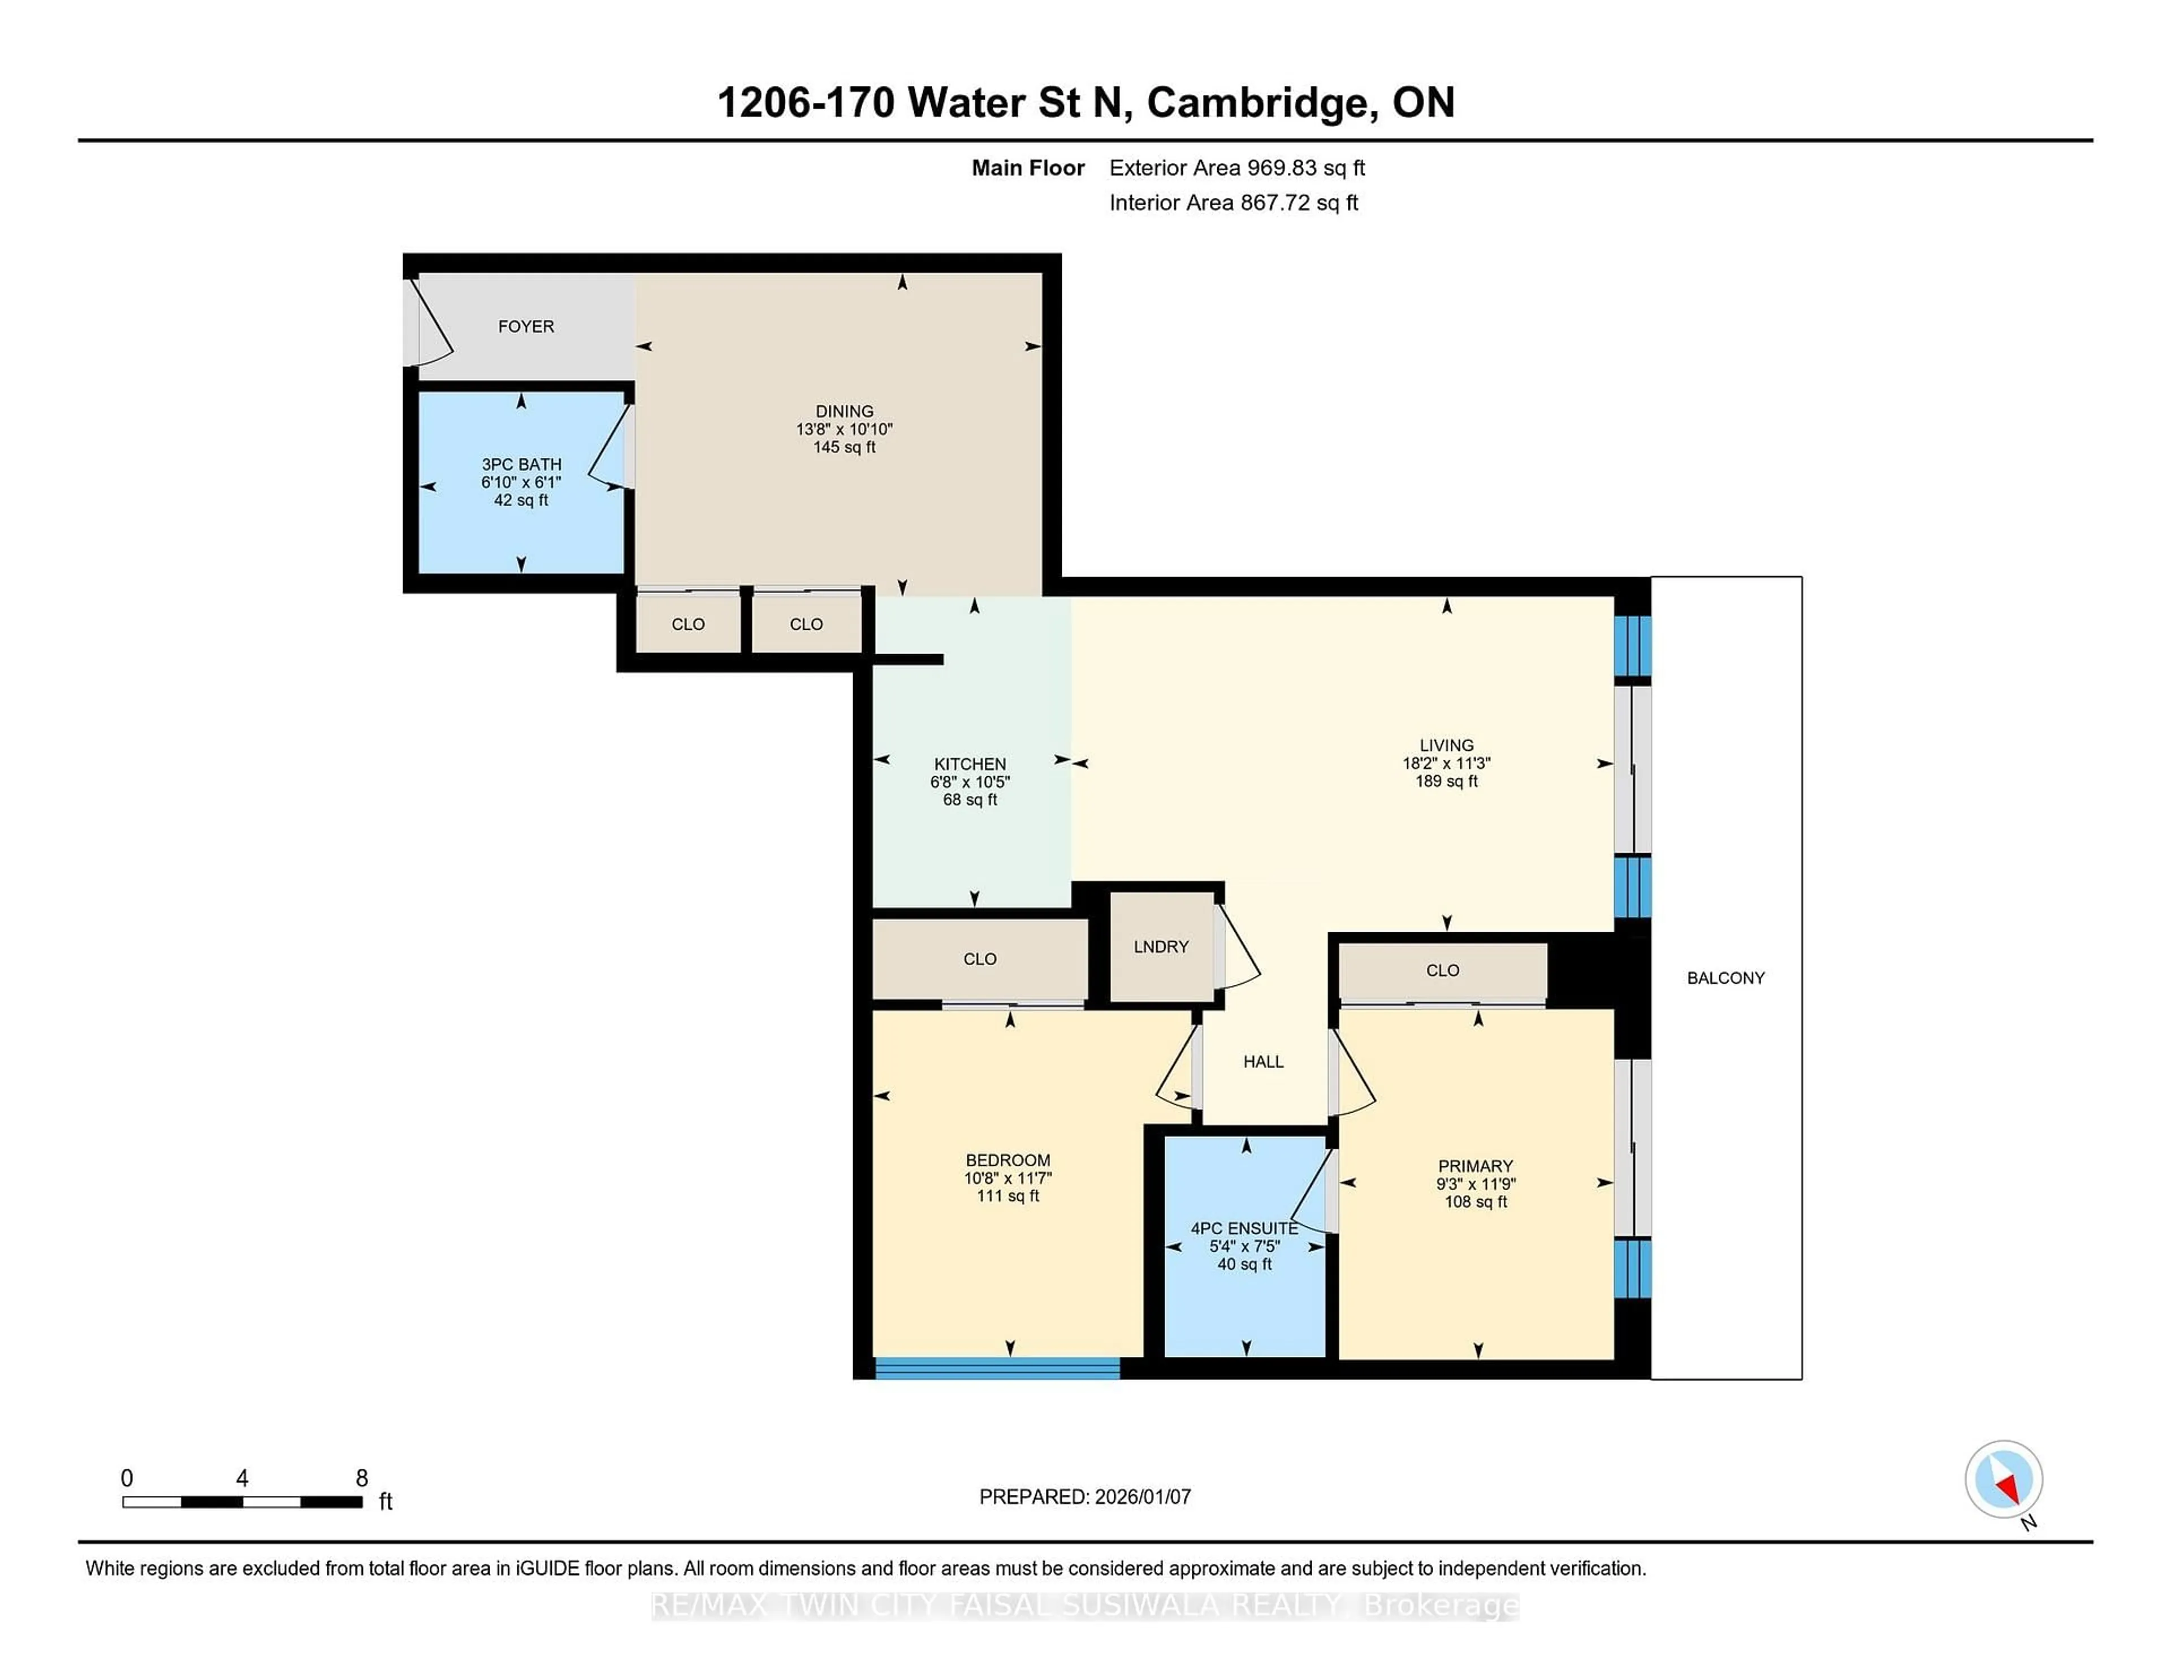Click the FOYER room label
tap(526, 326)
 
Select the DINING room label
tap(844, 410)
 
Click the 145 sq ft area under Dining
tap(844, 447)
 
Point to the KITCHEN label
tap(969, 763)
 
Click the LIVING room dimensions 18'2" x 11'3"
tap(1446, 763)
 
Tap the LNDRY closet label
tap(1160, 946)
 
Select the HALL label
tap(1262, 1062)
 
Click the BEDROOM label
tap(1007, 1160)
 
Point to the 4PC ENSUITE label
tap(1244, 1229)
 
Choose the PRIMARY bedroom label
tap(1475, 1166)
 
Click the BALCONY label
tap(1725, 978)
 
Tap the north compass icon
tap(2003, 1479)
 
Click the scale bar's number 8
tap(362, 1478)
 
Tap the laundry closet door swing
tap(1236, 948)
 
